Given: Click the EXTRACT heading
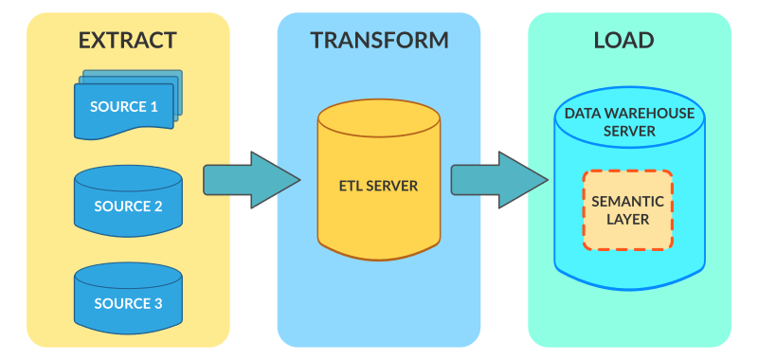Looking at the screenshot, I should [127, 40].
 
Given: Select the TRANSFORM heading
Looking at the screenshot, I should [379, 40].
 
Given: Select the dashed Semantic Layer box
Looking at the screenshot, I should [627, 210].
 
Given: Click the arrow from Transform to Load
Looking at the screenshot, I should [498, 178].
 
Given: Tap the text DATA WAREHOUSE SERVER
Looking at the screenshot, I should [629, 122].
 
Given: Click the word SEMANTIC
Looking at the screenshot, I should [627, 201].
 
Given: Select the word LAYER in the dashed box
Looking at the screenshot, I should [627, 220].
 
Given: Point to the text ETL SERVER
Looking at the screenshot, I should [379, 185].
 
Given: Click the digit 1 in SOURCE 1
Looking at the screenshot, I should [153, 107].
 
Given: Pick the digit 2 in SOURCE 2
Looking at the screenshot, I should [157, 206].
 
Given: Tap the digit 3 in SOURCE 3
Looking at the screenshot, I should [157, 304].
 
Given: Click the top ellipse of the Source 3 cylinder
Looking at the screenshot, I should [128, 274].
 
